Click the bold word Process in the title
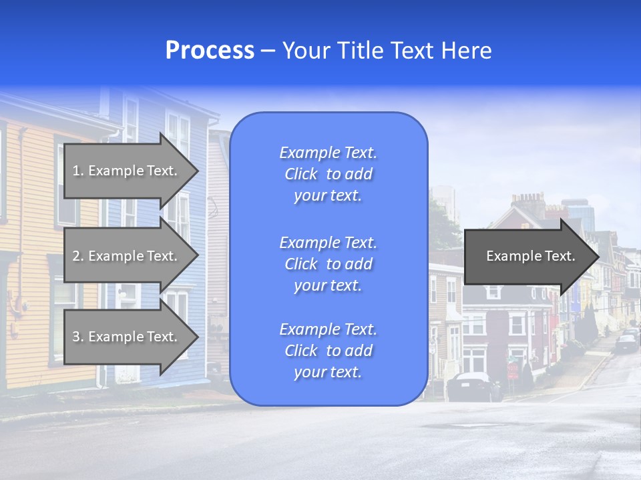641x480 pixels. (210, 51)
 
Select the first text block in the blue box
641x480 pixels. (328, 174)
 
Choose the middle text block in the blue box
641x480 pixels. (328, 264)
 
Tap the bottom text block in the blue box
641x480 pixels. (328, 351)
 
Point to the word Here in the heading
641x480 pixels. (467, 51)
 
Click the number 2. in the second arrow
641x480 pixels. (78, 256)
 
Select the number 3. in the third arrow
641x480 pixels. (78, 337)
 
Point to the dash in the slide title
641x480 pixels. (268, 51)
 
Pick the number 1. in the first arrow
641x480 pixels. (78, 171)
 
